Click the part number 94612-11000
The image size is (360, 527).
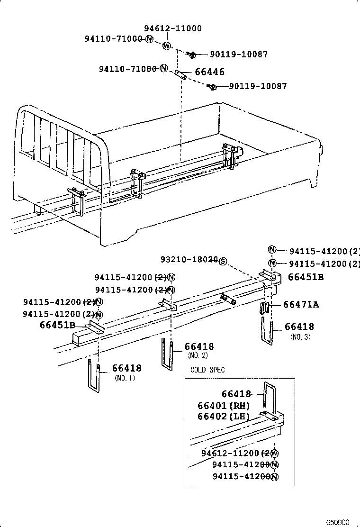[x=172, y=28]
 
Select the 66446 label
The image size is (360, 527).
[x=209, y=72]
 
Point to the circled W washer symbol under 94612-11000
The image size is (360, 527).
[x=167, y=46]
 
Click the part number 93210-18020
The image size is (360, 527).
[x=189, y=260]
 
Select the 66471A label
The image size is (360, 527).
[x=301, y=305]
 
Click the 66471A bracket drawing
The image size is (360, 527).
[x=266, y=308]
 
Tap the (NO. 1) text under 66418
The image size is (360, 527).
[x=125, y=378]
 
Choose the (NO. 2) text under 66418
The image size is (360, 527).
[x=198, y=355]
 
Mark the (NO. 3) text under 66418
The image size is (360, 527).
[x=300, y=337]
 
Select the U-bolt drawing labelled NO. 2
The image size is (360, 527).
[x=168, y=354]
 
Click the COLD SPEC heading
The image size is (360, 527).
[x=207, y=370]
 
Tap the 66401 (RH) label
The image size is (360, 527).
[x=223, y=406]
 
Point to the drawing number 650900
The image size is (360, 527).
[x=337, y=522]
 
